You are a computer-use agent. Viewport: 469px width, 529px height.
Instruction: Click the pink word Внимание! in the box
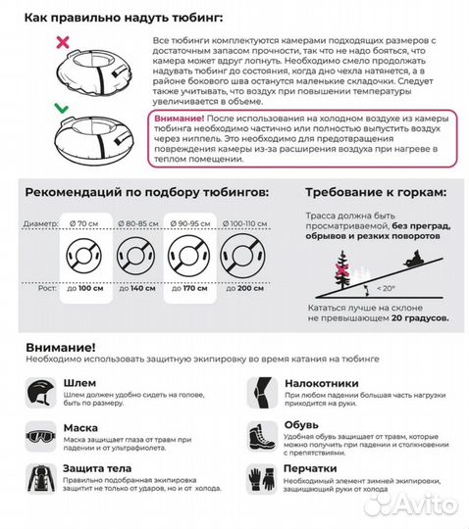(x=179, y=117)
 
